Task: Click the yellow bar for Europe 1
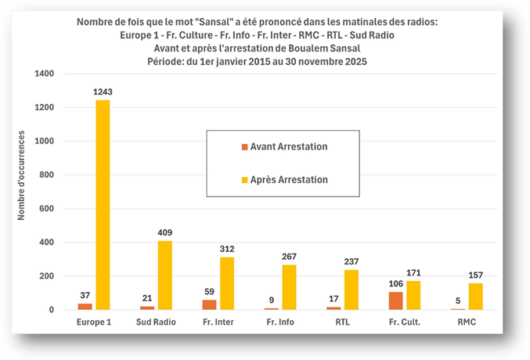[x=102, y=205]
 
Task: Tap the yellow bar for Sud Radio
[x=165, y=275]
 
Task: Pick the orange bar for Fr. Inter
[x=210, y=305]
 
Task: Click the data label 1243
[x=102, y=92]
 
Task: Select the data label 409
[x=165, y=232]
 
